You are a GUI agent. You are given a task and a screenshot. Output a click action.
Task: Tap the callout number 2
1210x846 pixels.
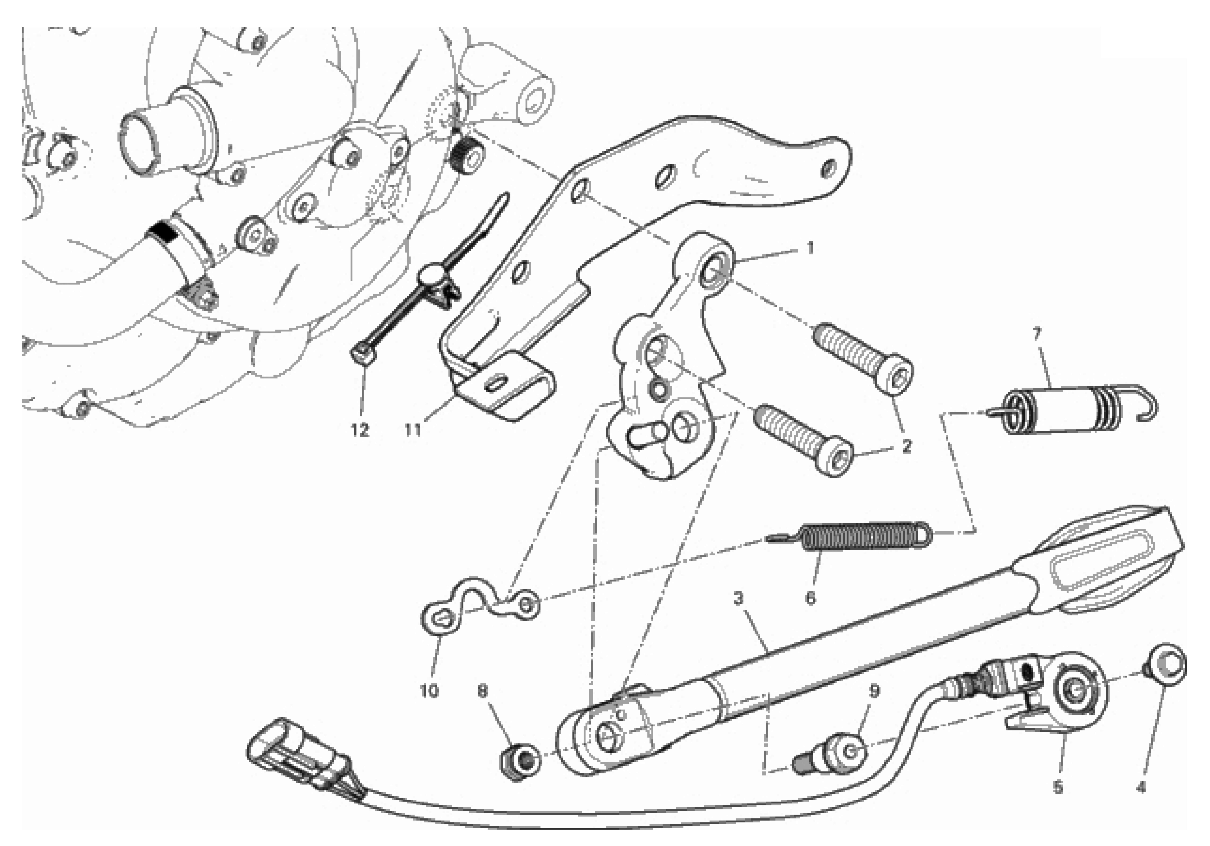click(x=906, y=446)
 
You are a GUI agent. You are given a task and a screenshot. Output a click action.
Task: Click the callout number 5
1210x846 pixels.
click(x=1058, y=788)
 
